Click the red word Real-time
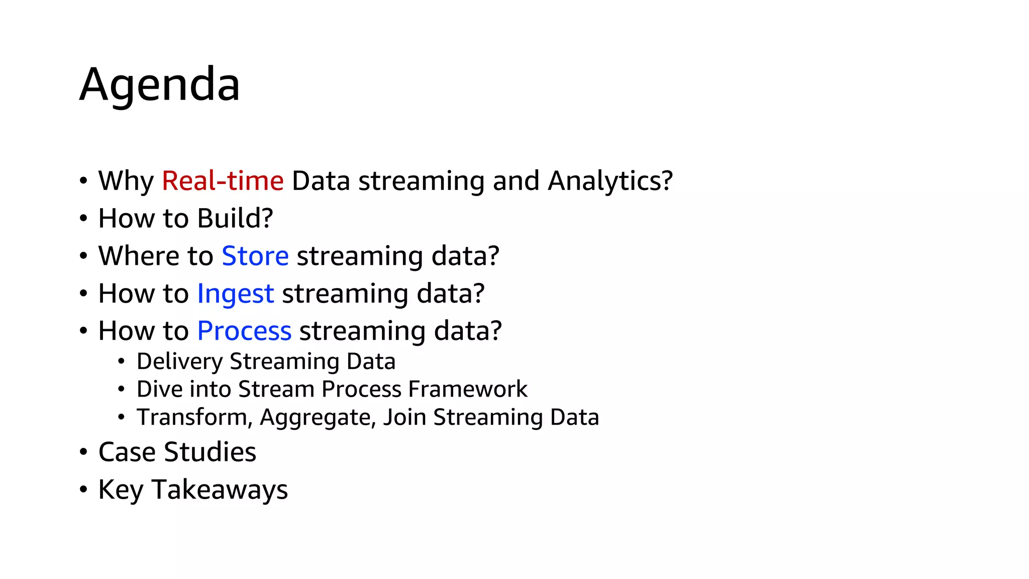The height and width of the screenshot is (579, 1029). click(x=223, y=180)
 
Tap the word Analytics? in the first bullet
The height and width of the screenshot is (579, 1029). click(x=610, y=181)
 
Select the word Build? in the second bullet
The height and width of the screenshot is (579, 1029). click(x=235, y=219)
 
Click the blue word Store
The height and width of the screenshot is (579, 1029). click(x=255, y=256)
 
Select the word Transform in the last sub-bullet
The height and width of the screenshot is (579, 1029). click(x=191, y=418)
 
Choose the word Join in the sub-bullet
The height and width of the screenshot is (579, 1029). click(x=404, y=418)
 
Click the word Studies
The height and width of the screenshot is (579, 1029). click(x=210, y=452)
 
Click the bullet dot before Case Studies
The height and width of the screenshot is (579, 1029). click(x=83, y=452)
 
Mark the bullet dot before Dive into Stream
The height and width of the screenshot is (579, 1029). click(x=121, y=389)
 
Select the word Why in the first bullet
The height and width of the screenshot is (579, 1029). click(x=126, y=181)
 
